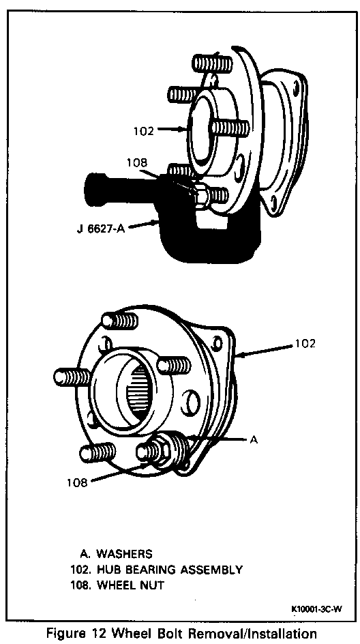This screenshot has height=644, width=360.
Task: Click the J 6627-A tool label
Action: pos(100,228)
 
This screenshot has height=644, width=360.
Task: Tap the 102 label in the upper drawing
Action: pos(143,131)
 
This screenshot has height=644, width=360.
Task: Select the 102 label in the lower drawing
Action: pos(305,343)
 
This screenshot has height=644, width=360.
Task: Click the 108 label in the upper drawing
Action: pos(136,162)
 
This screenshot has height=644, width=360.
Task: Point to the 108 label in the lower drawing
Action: pos(78,482)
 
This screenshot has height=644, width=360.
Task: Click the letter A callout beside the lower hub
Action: pos(254,439)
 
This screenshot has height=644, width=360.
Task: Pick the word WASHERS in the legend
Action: pos(124,554)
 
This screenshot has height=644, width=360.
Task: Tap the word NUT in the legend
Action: pos(152,585)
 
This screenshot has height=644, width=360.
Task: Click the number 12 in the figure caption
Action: pos(114,632)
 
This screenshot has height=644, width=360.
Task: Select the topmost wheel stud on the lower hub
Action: pos(119,321)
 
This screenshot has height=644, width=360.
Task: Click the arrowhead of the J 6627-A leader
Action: pos(157,222)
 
